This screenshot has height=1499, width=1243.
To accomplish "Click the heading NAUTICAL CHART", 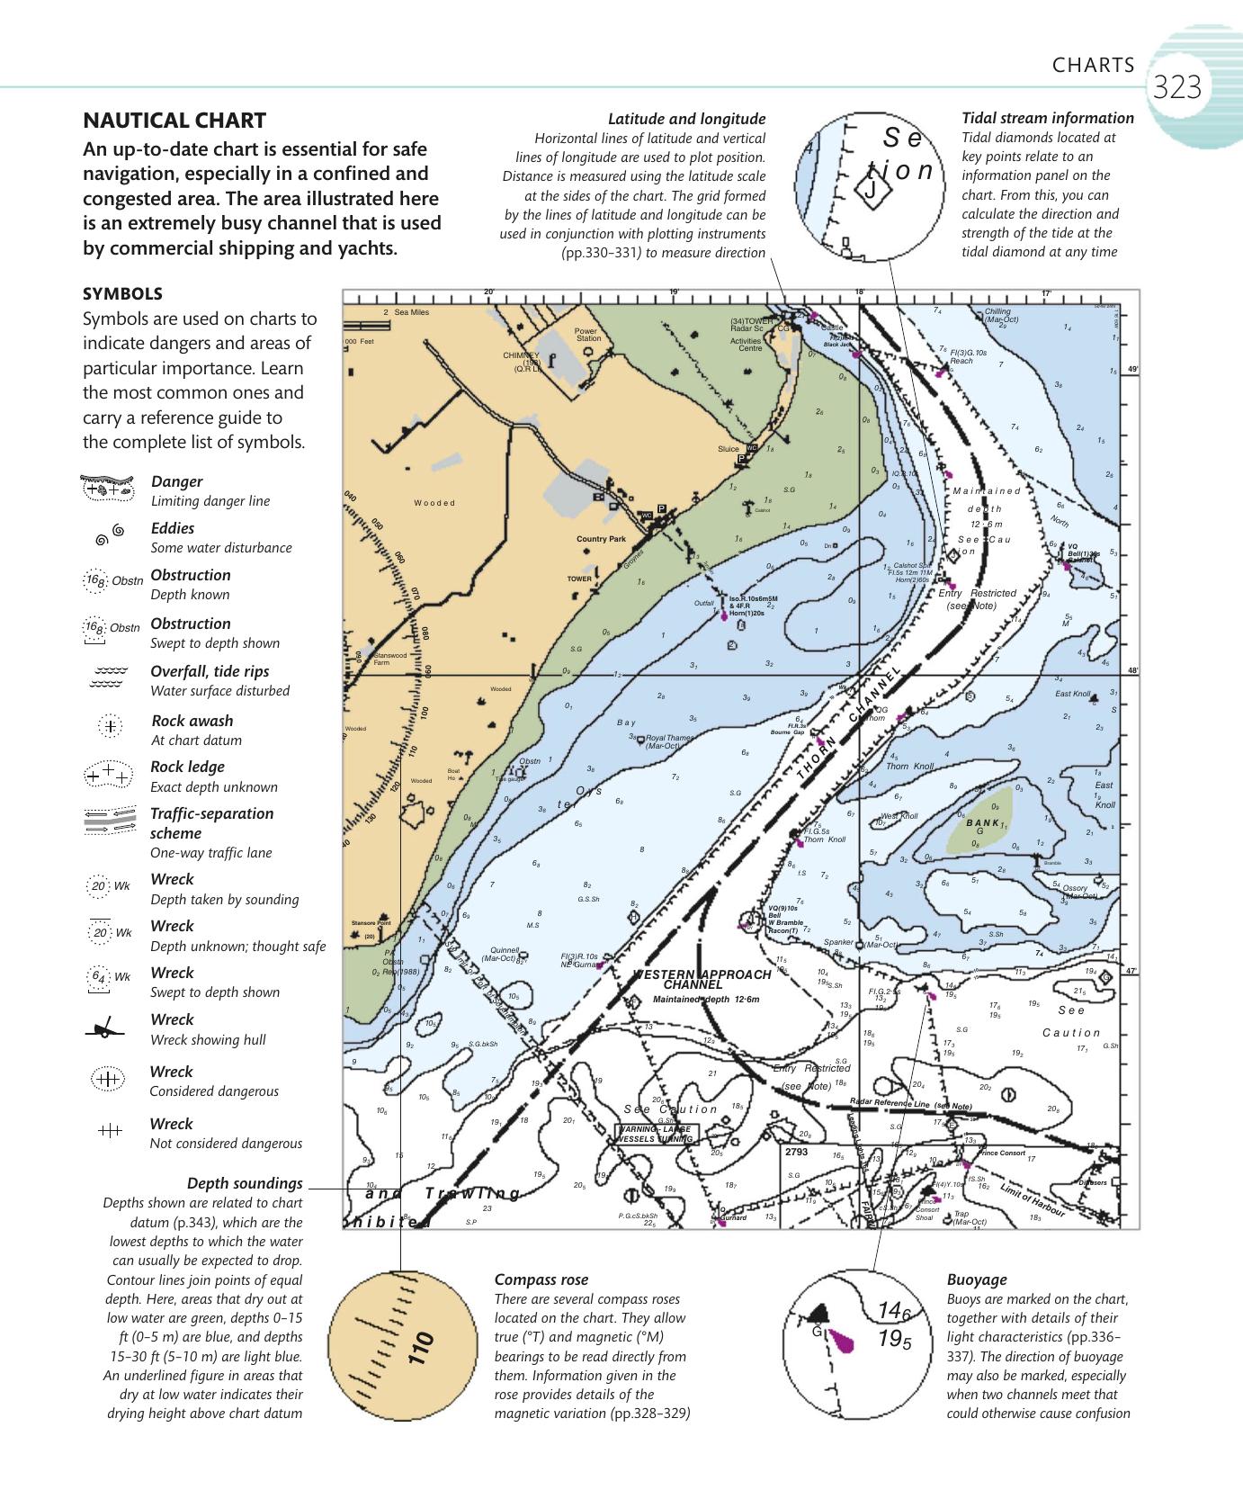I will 174,121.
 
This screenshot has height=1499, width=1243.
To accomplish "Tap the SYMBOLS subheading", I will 122,293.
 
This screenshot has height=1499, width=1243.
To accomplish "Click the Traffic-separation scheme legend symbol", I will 108,820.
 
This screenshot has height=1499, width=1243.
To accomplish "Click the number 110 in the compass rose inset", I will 421,1350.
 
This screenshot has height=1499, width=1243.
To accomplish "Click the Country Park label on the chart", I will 601,539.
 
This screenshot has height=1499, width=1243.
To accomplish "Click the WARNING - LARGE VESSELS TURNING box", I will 654,1134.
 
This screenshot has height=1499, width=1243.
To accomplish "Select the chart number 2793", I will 797,1152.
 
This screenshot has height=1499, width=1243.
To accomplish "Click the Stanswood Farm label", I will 390,659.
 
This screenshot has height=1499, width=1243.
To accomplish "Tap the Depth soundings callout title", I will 245,1183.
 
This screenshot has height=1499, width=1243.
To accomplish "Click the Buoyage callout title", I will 977,1279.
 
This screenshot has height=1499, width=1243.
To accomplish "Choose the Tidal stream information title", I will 1048,118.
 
